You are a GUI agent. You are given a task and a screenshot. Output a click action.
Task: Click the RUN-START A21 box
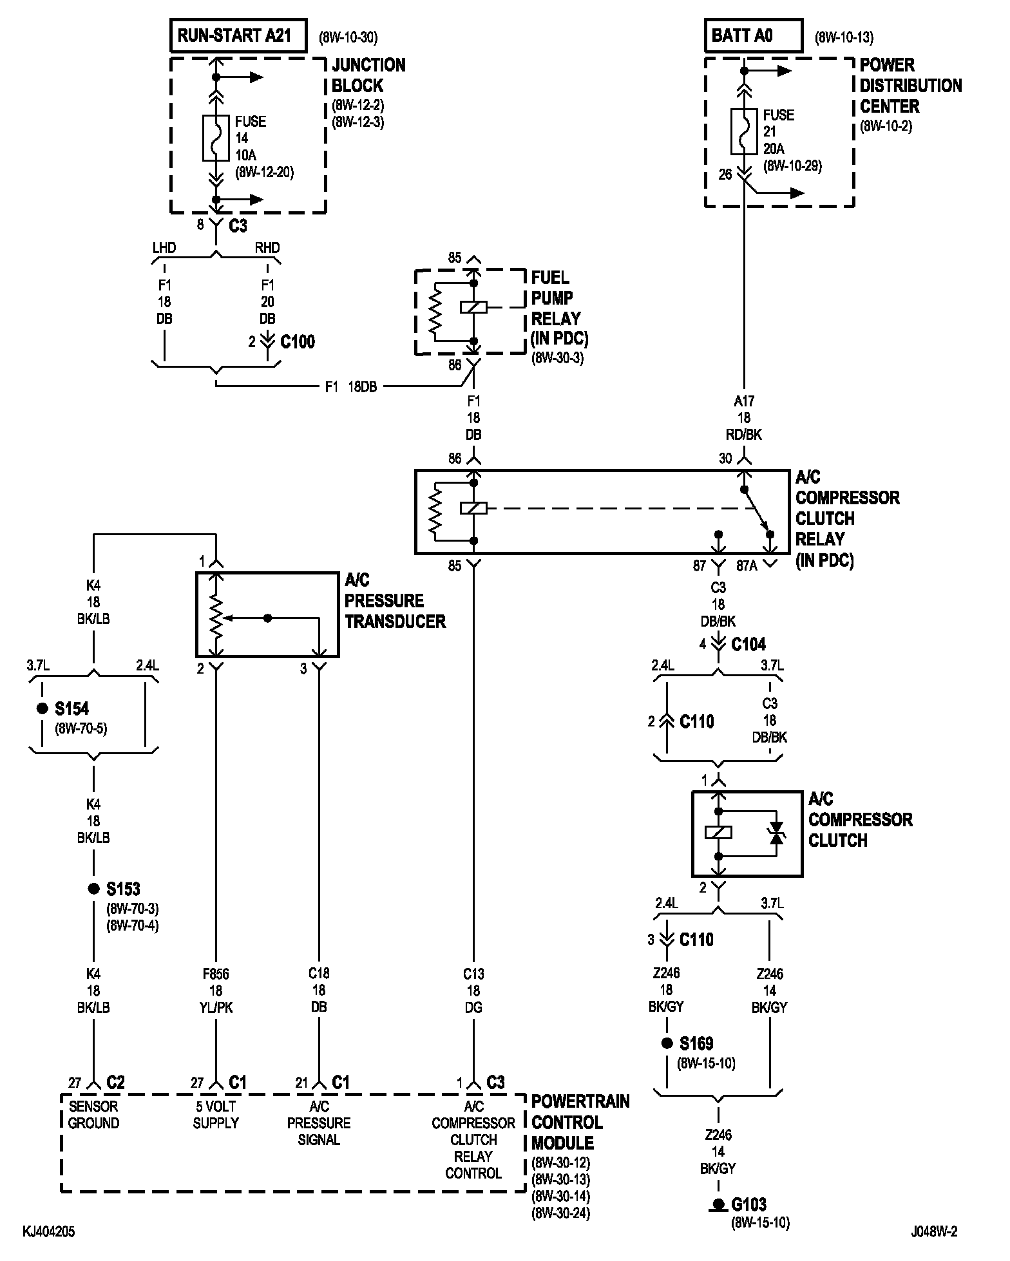[x=238, y=35]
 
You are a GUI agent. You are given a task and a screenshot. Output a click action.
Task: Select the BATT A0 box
[x=754, y=35]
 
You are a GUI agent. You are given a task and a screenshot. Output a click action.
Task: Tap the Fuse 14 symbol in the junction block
[x=216, y=138]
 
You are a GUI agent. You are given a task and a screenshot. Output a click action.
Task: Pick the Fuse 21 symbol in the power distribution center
[x=744, y=131]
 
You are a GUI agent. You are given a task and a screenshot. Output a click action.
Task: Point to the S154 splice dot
[x=43, y=708]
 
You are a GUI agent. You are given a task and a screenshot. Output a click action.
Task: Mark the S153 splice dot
[x=94, y=889]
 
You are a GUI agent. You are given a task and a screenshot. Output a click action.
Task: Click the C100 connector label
[x=298, y=341]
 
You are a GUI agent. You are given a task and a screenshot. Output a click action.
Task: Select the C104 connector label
[x=748, y=644]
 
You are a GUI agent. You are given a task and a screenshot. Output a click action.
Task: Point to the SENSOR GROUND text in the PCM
[x=93, y=1115]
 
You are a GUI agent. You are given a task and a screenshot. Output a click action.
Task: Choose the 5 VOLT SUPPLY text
[x=216, y=1115]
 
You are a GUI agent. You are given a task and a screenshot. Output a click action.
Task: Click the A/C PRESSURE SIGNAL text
[x=319, y=1123]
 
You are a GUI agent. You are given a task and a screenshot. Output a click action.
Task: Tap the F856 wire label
[x=216, y=974]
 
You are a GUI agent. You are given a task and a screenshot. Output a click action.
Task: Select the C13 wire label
[x=473, y=974]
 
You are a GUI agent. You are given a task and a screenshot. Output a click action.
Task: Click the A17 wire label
[x=744, y=401]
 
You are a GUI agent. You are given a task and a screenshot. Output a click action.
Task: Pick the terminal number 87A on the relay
[x=747, y=566]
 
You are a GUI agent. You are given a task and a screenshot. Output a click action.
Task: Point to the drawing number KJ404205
[x=49, y=1232]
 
